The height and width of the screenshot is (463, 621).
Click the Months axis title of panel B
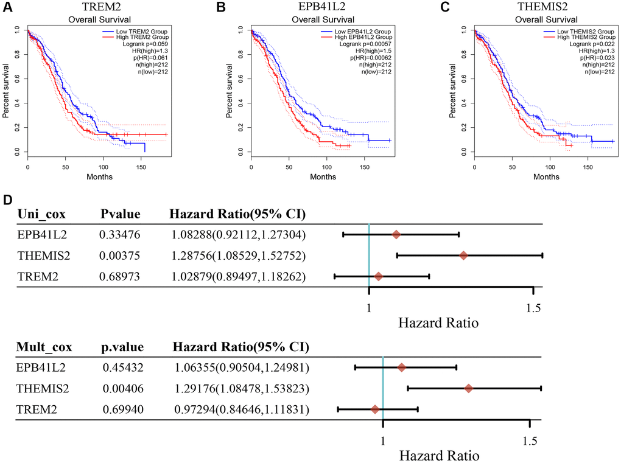(x=310, y=177)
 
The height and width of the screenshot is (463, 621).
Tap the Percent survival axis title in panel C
(x=453, y=90)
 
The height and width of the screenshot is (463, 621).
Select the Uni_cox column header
(x=42, y=214)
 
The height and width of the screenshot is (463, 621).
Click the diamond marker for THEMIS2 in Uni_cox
(x=463, y=256)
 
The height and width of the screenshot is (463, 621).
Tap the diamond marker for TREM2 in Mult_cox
(x=375, y=410)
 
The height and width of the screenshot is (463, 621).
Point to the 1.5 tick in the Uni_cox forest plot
(x=533, y=307)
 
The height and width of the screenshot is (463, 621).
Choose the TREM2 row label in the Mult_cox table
(x=36, y=410)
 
